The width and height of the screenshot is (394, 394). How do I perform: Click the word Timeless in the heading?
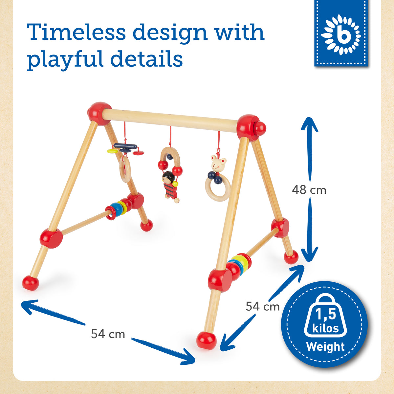tap(76, 32)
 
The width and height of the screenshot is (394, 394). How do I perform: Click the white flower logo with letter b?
tap(341, 35)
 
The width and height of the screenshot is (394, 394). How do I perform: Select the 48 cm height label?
tap(309, 190)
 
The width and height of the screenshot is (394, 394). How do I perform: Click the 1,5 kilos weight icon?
tap(325, 318)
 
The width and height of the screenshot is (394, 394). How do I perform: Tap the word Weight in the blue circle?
tap(325, 347)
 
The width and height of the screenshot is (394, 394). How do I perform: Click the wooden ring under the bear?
tap(218, 189)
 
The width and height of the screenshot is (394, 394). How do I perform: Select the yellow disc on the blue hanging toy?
tap(113, 151)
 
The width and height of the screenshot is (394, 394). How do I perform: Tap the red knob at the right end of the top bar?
tap(260, 129)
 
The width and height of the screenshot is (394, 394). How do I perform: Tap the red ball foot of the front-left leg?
tap(31, 283)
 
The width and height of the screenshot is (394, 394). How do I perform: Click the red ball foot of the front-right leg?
tap(206, 341)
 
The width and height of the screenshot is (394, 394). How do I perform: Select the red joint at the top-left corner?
tap(99, 114)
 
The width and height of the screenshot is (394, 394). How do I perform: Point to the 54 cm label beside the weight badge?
tap(262, 306)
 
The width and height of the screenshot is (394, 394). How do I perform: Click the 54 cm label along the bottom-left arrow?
tap(108, 334)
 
